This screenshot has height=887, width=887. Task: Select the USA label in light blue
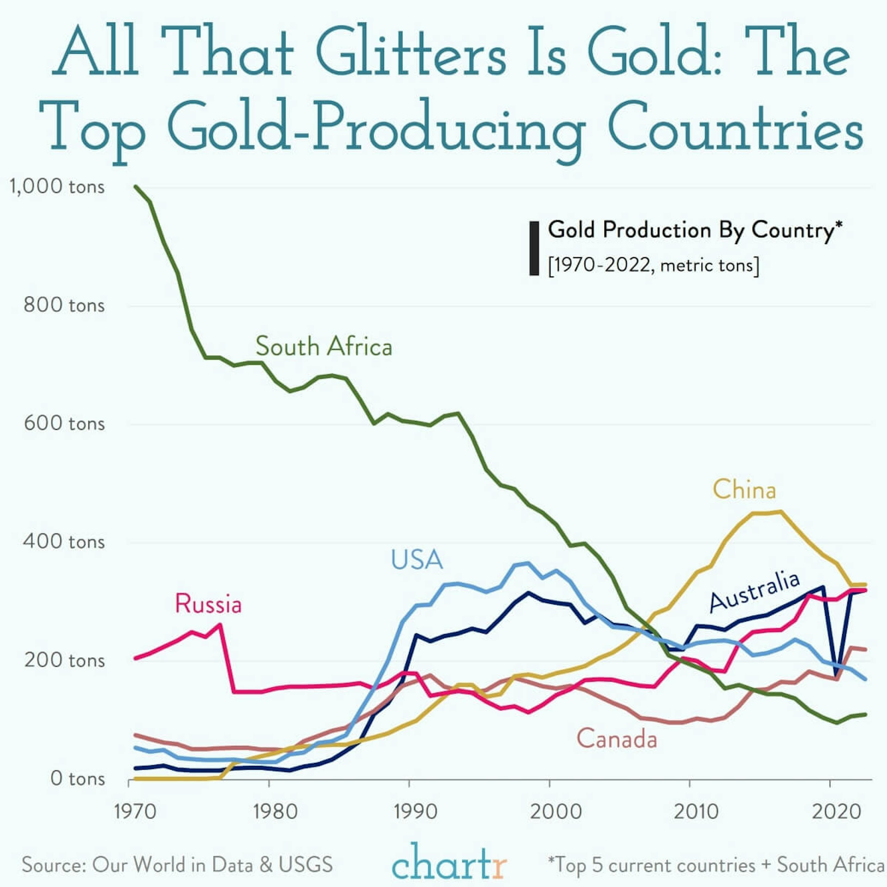[x=416, y=560]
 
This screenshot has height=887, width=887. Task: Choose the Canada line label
[x=617, y=739]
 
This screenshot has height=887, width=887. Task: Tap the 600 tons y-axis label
[x=64, y=423]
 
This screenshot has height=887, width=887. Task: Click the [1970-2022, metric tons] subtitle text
[x=653, y=265]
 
